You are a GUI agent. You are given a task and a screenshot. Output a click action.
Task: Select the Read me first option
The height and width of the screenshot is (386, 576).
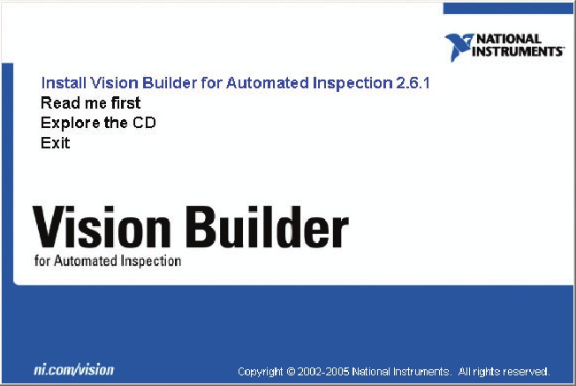click(90, 103)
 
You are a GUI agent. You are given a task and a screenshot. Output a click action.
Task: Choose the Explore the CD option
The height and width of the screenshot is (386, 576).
click(98, 123)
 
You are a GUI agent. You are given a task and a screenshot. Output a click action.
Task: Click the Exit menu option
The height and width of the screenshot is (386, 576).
click(55, 142)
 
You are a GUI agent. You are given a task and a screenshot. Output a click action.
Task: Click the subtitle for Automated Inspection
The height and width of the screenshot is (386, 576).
click(108, 261)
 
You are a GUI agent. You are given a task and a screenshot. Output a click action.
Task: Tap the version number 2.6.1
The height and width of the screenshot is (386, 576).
click(413, 83)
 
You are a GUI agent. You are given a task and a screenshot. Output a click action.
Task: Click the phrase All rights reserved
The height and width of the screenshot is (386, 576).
click(504, 371)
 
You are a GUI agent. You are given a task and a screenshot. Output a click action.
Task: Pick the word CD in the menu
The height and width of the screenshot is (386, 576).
click(144, 123)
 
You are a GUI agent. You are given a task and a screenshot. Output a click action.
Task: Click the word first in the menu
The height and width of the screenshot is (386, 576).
click(124, 103)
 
